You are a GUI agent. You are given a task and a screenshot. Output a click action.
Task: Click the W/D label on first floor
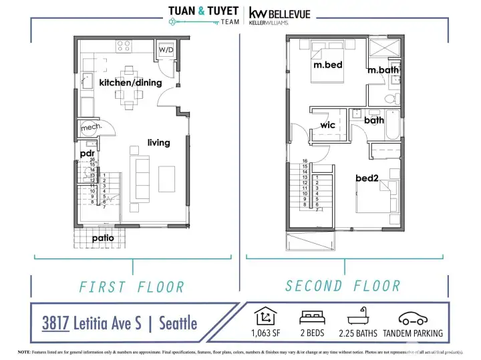[164, 49]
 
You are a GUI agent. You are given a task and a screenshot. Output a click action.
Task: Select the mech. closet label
[90, 127]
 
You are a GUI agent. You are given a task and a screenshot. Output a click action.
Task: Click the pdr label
[87, 154]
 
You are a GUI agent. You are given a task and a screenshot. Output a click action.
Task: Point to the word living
[159, 142]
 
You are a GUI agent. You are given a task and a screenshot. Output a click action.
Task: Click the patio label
[103, 237]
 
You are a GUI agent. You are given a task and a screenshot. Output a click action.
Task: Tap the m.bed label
[328, 65]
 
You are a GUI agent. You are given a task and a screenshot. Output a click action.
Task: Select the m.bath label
[383, 70]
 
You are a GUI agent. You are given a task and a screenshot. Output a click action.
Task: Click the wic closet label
[327, 125]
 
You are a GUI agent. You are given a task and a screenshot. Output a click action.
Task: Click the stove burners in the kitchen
[124, 45]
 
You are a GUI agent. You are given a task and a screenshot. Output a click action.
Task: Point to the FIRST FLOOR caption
[132, 287]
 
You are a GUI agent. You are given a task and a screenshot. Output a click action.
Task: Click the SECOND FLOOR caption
[343, 286]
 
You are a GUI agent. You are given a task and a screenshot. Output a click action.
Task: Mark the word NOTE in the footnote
[25, 351]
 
